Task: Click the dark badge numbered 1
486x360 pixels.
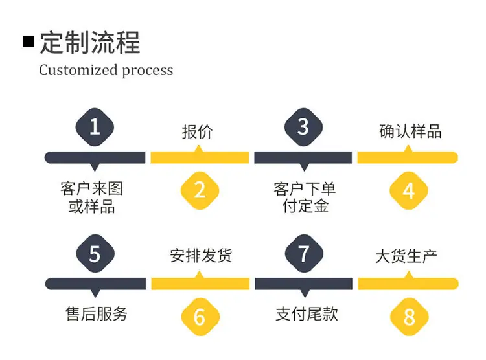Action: tap(95, 127)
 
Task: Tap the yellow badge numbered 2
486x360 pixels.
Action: tap(200, 190)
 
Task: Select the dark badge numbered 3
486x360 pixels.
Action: tap(303, 127)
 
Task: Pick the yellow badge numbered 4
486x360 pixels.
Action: tap(409, 190)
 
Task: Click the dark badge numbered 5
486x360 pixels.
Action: tap(95, 253)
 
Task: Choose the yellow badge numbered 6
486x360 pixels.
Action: tap(200, 317)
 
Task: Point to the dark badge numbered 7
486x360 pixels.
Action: tap(304, 253)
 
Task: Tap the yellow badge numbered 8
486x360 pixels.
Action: tap(409, 317)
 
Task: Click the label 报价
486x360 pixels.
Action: tap(198, 131)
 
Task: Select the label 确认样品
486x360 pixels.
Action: tap(410, 131)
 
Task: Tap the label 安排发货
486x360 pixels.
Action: tap(201, 256)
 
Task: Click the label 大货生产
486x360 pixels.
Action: tap(406, 256)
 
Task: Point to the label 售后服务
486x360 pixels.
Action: tap(97, 314)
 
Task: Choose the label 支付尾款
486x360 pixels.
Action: tap(307, 314)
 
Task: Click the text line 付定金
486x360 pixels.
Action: tap(305, 206)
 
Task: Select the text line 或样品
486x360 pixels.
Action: tap(92, 206)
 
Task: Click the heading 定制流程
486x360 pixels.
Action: tap(90, 43)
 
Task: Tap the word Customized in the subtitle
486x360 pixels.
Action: tap(78, 70)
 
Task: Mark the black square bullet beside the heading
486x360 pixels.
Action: tap(29, 42)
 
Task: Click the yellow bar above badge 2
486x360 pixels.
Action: tap(200, 157)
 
